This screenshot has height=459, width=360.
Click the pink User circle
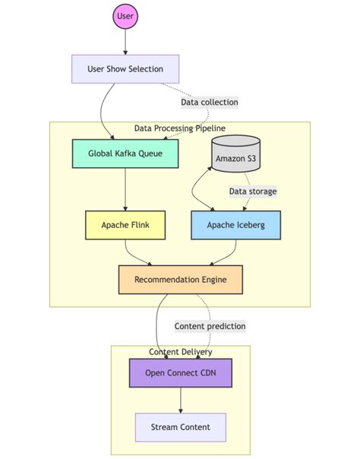[125, 15]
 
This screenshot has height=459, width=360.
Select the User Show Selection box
[125, 68]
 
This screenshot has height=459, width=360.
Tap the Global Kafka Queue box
[125, 154]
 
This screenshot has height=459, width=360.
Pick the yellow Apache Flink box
[125, 225]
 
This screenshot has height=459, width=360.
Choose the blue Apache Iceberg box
[235, 225]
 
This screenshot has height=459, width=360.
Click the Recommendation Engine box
[180, 280]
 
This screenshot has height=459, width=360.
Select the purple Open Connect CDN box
[180, 373]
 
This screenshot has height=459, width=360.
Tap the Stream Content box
[180, 427]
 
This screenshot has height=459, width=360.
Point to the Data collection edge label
[209, 102]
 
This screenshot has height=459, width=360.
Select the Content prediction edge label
[210, 326]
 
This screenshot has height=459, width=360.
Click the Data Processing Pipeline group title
[179, 128]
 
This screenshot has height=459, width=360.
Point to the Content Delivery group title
[180, 351]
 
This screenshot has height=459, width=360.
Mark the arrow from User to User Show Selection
[125, 42]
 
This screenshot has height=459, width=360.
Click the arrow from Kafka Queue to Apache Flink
[125, 190]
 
